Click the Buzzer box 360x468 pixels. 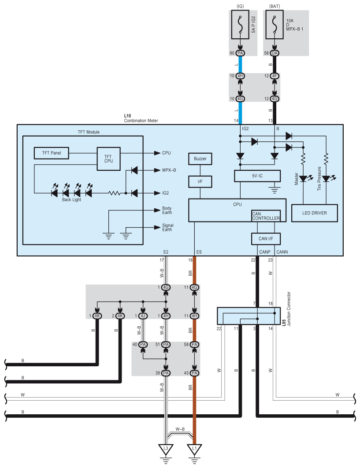click(x=200, y=158)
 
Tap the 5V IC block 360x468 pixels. click(x=257, y=176)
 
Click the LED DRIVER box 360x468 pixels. click(x=315, y=213)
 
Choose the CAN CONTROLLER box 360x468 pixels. click(x=265, y=216)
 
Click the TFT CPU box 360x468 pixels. click(x=108, y=158)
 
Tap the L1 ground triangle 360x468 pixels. click(x=194, y=449)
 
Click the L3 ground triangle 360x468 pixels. click(x=166, y=449)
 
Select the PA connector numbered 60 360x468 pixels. click(x=240, y=53)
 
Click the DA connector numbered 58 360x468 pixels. click(x=275, y=53)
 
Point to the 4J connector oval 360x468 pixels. click(x=143, y=316)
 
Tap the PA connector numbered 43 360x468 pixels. click(x=194, y=373)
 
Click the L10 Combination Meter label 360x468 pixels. click(x=141, y=118)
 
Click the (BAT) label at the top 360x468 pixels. click(x=274, y=7)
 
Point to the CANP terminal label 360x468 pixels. click(x=265, y=252)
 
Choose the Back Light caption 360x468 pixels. click(x=71, y=199)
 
